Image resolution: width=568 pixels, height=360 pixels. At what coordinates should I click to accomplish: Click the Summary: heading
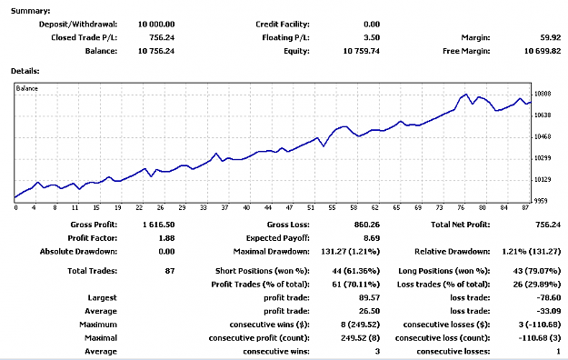(x=30, y=11)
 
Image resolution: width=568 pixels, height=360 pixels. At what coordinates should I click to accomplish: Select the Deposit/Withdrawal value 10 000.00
(x=156, y=25)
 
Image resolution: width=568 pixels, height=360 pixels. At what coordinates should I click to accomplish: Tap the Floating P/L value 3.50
(x=372, y=37)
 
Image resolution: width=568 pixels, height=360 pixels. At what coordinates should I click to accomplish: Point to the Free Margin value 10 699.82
(x=543, y=51)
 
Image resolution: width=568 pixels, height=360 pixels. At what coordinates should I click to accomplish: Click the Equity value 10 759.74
(x=361, y=51)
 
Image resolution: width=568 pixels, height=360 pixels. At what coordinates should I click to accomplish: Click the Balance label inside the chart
(x=26, y=88)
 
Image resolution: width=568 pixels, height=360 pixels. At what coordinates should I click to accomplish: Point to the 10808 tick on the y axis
(x=543, y=94)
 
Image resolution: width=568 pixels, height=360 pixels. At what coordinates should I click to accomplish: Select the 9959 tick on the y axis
(x=543, y=201)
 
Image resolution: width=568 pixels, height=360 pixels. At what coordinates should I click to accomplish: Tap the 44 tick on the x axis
(x=268, y=208)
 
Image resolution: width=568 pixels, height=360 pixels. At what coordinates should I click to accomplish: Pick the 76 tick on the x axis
(x=461, y=208)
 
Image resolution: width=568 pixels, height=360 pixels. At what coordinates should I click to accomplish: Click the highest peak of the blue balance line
(x=466, y=95)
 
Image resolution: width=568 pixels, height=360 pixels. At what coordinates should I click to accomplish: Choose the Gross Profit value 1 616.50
(x=159, y=225)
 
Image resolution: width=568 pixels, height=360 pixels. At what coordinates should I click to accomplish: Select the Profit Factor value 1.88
(x=166, y=238)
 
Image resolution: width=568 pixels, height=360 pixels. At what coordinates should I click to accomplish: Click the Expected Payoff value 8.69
(x=372, y=238)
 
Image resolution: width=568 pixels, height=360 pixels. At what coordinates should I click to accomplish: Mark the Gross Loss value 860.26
(x=367, y=225)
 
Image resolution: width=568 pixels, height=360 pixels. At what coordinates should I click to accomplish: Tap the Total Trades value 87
(x=170, y=271)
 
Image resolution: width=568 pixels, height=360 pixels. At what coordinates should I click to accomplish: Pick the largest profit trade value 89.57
(x=369, y=297)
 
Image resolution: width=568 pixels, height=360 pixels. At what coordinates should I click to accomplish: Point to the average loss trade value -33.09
(x=549, y=311)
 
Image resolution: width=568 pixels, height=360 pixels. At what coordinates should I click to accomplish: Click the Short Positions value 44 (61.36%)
(x=355, y=271)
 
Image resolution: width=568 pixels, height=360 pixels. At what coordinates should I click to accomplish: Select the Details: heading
(x=25, y=71)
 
